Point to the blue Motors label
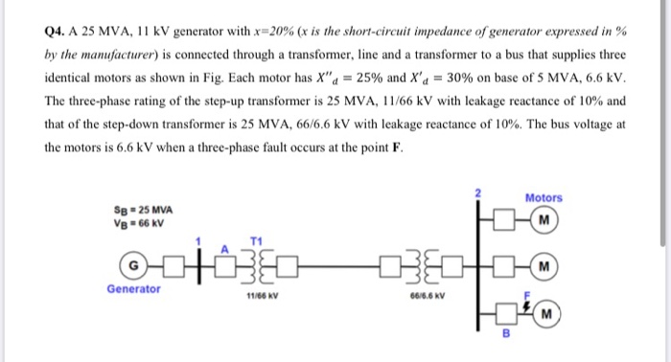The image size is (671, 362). (544, 198)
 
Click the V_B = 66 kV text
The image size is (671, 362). (139, 223)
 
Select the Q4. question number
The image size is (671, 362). (57, 30)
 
